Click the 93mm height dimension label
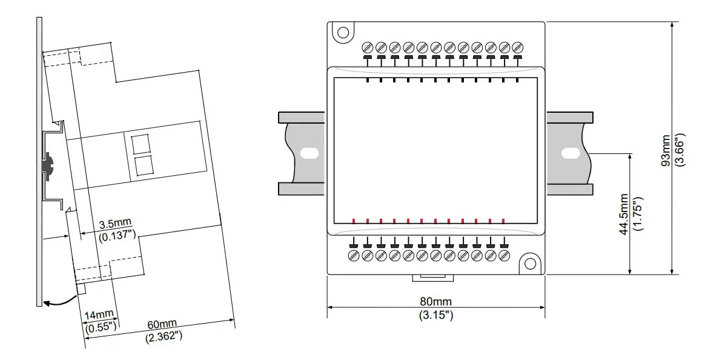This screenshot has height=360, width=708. pyautogui.click(x=666, y=150)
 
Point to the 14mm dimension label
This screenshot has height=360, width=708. pyautogui.click(x=99, y=315)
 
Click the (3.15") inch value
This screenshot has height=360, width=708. pyautogui.click(x=435, y=315)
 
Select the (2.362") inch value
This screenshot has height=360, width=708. pyautogui.click(x=164, y=335)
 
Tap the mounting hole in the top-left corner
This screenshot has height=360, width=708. pyautogui.click(x=343, y=33)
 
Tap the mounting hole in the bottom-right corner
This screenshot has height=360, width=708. pyautogui.click(x=531, y=264)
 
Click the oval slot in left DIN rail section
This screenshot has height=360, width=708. pyautogui.click(x=309, y=153)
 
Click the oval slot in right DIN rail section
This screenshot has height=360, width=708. pyautogui.click(x=569, y=153)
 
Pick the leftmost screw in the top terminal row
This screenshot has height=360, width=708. pyautogui.click(x=368, y=47)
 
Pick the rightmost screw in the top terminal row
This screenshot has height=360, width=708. pyautogui.click(x=518, y=47)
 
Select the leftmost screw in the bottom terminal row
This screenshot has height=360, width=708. pyautogui.click(x=354, y=256)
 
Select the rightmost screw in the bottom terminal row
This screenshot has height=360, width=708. pyautogui.click(x=504, y=256)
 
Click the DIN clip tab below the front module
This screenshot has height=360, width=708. pyautogui.click(x=432, y=278)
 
